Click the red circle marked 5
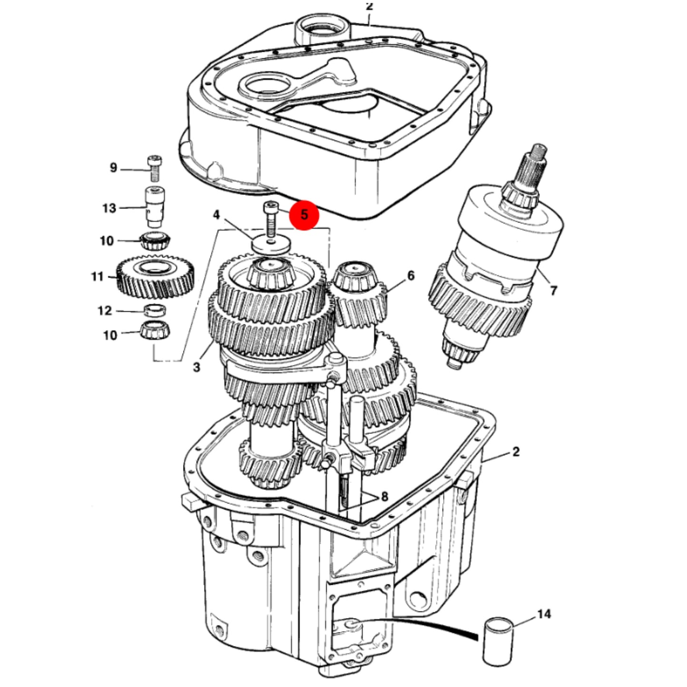[x=304, y=215]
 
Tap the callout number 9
[x=113, y=167]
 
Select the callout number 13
[x=109, y=208]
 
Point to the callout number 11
[x=97, y=276]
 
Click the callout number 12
[x=105, y=310]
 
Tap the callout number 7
[x=553, y=290]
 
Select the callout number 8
[x=384, y=497]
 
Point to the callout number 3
[x=196, y=367]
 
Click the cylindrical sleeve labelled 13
[x=155, y=207]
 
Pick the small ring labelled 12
[x=155, y=310]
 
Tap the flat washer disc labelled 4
[x=271, y=244]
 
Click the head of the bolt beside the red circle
[x=270, y=207]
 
